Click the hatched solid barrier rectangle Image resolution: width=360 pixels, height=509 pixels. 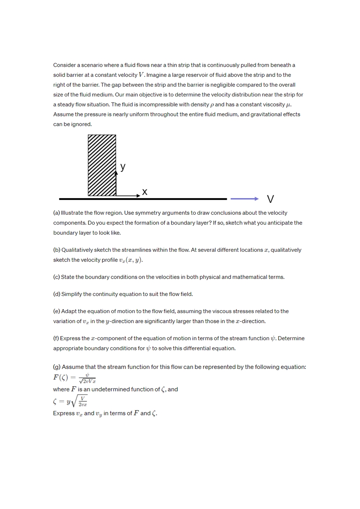coord(102,165)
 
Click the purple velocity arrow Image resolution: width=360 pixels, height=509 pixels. coord(244,199)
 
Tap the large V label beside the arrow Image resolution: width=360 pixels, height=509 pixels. coord(270,199)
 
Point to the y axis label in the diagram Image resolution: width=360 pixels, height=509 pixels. coord(123,167)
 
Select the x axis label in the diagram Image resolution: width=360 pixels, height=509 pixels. coord(145,192)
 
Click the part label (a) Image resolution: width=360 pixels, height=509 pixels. coord(57,213)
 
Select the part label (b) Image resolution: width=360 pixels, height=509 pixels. coord(57,250)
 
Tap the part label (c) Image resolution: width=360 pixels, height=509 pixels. coord(57,277)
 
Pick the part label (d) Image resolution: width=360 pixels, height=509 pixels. coord(57,294)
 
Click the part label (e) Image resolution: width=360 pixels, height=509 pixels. coord(57,311)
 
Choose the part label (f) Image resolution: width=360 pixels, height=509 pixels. coord(56,338)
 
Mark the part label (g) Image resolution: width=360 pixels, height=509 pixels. coord(57,367)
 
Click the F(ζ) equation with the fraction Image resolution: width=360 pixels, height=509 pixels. coord(74,378)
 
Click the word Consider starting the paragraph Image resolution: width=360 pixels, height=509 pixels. coord(65,65)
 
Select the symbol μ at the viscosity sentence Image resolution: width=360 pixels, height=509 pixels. coord(289,105)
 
